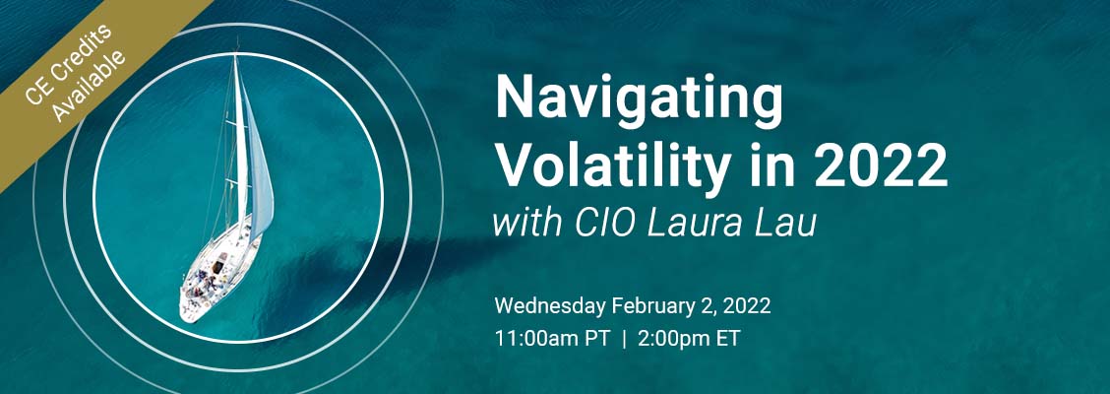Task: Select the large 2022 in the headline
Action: click(x=881, y=164)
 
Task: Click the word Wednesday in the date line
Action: click(x=550, y=307)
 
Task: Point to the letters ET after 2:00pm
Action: click(x=730, y=339)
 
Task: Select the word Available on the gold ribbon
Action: click(x=90, y=85)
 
